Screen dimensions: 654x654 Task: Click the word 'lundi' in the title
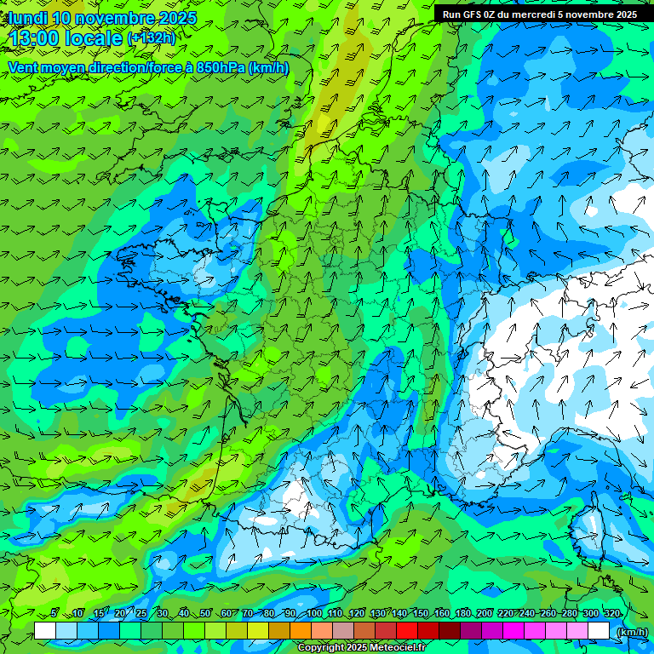[x=27, y=18]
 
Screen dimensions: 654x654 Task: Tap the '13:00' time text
[x=34, y=37]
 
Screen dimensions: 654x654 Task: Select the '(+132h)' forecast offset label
[x=150, y=37]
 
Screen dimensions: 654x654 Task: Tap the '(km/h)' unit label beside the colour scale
[x=631, y=631]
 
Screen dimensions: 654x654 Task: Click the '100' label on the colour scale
[x=313, y=614]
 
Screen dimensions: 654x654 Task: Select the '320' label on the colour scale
[x=611, y=614]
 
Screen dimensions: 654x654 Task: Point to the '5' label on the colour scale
[x=54, y=614]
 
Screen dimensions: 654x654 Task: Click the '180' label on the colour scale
[x=462, y=614]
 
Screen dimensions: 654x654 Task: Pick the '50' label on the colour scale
[x=204, y=614]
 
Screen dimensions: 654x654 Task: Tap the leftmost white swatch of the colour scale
[x=45, y=630]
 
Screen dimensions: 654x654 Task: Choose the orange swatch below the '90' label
[x=301, y=630]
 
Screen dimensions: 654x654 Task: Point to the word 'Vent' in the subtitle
[x=23, y=67]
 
